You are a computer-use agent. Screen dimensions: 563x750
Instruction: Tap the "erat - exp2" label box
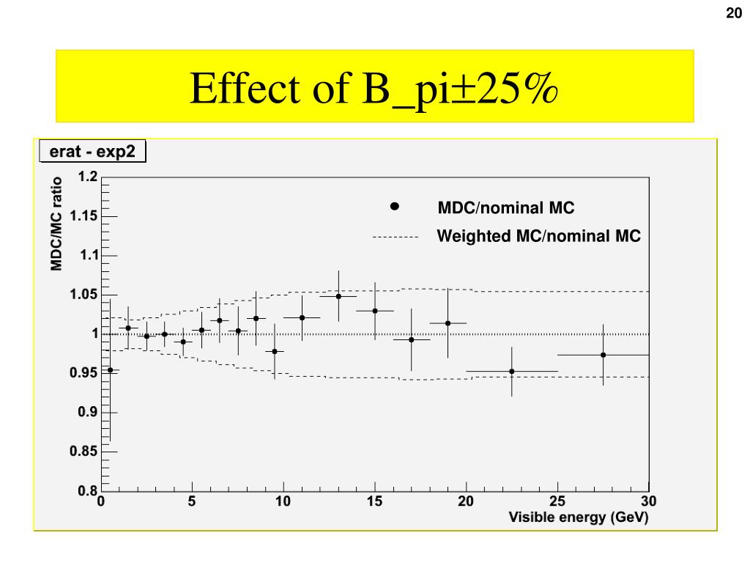(92, 152)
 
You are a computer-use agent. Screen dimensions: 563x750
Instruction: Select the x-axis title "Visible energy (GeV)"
(579, 517)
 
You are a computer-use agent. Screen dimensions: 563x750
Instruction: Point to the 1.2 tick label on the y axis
(87, 177)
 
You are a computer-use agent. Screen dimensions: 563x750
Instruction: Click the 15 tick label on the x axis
(374, 502)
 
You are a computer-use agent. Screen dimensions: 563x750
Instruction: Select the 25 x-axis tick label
(557, 502)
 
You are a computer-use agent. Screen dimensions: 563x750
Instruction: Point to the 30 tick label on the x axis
(648, 502)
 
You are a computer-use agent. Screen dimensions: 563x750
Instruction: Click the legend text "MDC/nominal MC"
(506, 208)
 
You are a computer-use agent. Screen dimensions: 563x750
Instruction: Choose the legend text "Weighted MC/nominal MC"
(538, 236)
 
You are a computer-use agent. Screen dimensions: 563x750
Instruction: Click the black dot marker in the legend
(395, 207)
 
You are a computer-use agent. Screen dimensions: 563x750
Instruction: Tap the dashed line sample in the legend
(395, 238)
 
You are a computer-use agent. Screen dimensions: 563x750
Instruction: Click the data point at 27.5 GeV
(603, 355)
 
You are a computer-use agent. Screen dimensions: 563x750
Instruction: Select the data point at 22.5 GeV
(512, 372)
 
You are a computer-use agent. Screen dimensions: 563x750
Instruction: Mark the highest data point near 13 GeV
(338, 296)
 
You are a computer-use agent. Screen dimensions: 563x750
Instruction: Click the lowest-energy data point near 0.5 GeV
(110, 370)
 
